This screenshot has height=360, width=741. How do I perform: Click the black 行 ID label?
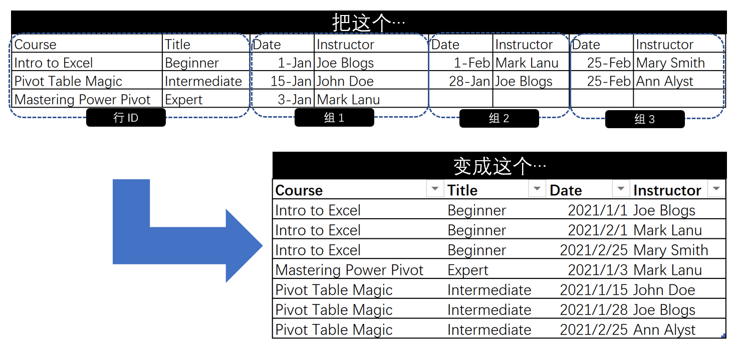[x=126, y=118]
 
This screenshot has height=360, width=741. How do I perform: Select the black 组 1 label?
[x=334, y=118]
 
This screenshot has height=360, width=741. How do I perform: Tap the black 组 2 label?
[x=499, y=119]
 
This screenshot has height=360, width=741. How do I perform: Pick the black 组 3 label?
[x=645, y=119]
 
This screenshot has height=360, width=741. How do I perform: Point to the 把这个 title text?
[x=369, y=23]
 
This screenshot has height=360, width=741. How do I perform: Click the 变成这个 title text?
[x=500, y=166]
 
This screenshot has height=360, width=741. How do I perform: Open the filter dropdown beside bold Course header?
[x=435, y=189]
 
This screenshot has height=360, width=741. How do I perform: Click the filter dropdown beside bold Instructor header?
[x=716, y=189]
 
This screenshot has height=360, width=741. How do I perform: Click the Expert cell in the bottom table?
[x=467, y=270]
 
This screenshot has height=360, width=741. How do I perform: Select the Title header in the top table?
[x=178, y=45]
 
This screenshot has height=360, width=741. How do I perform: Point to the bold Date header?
[x=566, y=190]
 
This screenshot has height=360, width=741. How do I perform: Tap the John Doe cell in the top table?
[x=345, y=81]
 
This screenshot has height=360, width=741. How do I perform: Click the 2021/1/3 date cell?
[x=597, y=270]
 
